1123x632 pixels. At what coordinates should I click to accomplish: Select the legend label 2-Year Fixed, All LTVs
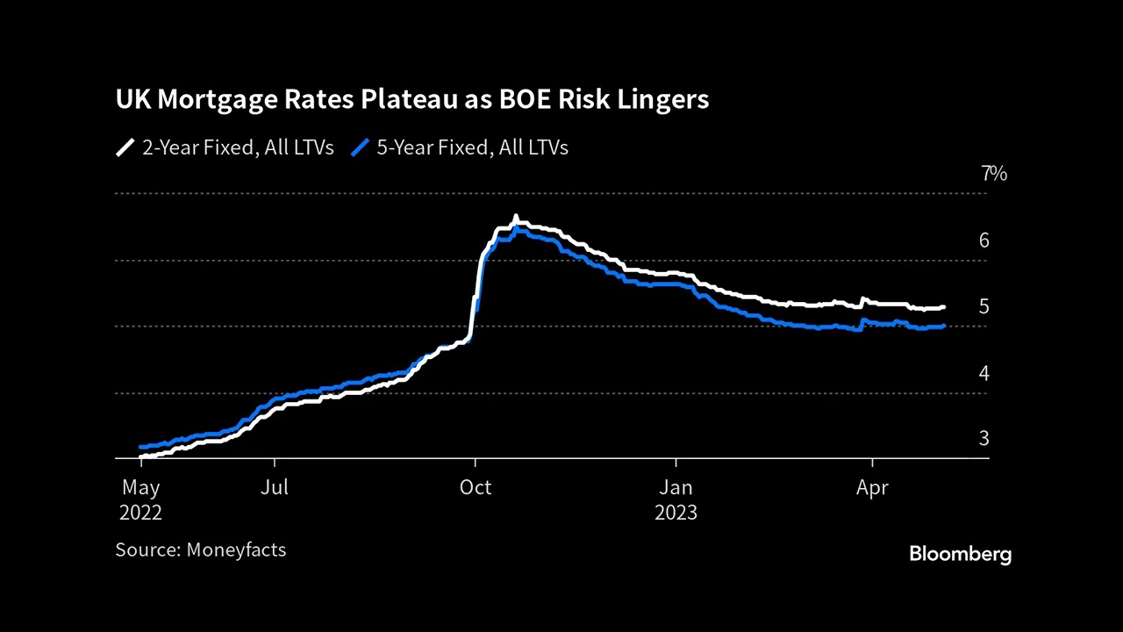(238, 147)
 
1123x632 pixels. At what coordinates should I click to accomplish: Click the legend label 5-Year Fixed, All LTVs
(472, 147)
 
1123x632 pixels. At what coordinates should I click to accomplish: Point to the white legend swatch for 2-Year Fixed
(125, 147)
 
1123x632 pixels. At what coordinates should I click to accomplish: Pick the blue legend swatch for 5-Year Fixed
(360, 147)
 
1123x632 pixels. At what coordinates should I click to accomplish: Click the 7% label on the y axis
(993, 174)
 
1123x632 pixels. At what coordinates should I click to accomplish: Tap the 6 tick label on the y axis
(984, 240)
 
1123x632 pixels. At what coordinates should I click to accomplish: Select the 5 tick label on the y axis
(984, 306)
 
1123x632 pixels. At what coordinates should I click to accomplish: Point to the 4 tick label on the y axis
(984, 373)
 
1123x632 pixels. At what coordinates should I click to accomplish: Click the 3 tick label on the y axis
(984, 438)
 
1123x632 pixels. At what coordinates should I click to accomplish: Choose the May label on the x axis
(140, 487)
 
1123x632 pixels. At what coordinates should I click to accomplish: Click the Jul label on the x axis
(275, 487)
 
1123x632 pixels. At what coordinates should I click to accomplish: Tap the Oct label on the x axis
(475, 487)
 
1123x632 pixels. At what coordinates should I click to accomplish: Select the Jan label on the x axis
(676, 487)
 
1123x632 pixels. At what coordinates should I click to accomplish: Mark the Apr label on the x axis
(872, 487)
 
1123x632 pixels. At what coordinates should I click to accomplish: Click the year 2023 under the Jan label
(676, 513)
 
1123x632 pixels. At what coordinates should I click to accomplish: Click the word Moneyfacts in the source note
(236, 550)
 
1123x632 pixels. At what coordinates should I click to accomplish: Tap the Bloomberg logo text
(960, 554)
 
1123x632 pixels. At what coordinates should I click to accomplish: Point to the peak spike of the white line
(516, 217)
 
